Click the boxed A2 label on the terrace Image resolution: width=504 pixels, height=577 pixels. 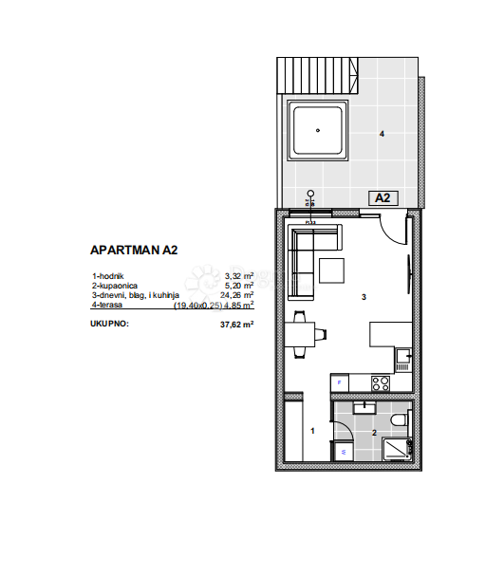click(x=383, y=198)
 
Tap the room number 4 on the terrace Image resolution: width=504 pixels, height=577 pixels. click(x=382, y=135)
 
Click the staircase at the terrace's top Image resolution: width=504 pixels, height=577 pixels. click(x=346, y=72)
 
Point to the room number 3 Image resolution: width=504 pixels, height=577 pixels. click(x=364, y=297)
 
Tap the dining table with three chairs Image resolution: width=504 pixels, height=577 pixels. click(x=304, y=335)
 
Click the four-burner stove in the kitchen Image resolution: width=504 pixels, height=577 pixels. click(x=381, y=383)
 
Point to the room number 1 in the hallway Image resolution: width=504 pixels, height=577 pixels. click(x=313, y=432)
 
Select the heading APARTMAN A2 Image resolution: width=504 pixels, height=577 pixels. click(x=134, y=251)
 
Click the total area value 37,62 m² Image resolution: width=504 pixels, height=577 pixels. click(x=236, y=324)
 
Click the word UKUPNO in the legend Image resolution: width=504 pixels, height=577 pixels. click(x=109, y=324)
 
